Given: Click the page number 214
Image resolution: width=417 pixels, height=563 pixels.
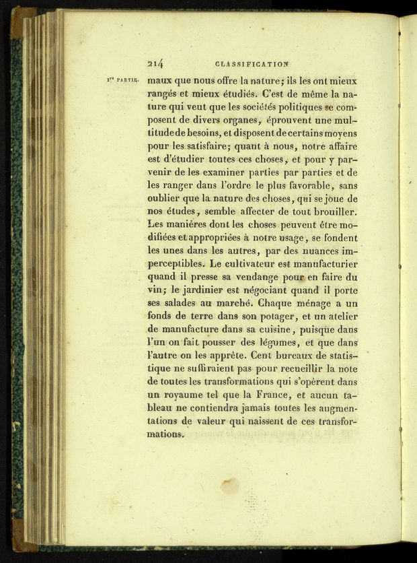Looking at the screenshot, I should coord(155,64).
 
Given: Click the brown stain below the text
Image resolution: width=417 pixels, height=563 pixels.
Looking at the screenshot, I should coord(230,485).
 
